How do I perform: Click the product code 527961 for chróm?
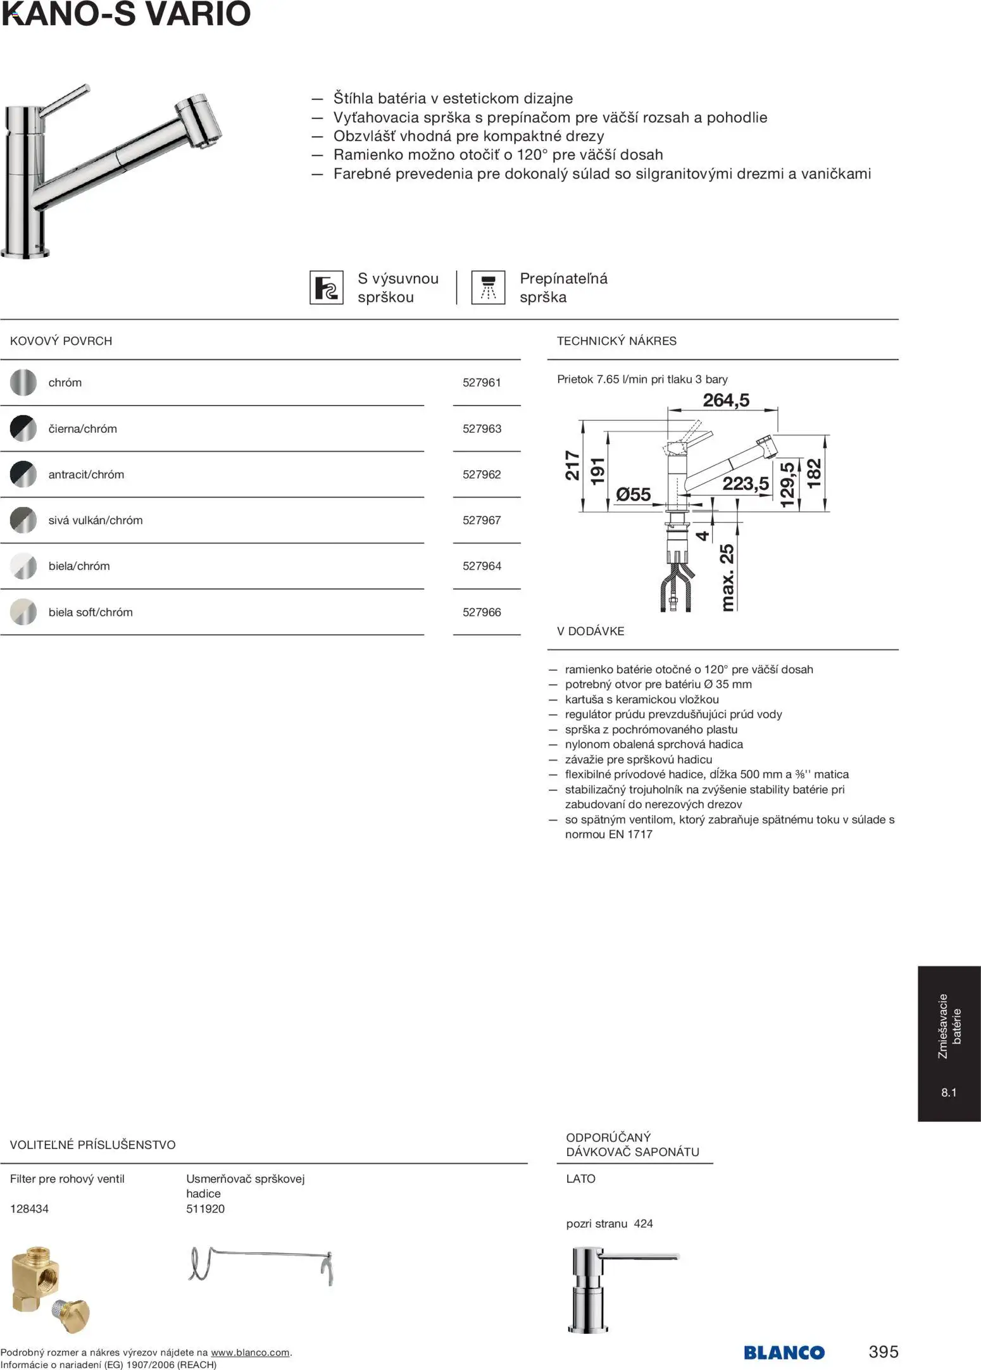point(482,382)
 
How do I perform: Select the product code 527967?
point(482,520)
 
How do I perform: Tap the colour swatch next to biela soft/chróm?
point(23,612)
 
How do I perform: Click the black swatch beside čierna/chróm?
point(23,428)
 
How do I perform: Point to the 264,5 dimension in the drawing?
point(726,400)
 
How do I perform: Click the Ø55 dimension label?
point(633,494)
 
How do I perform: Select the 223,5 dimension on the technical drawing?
point(746,483)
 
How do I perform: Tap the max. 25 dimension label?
point(727,577)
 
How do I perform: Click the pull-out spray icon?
point(327,287)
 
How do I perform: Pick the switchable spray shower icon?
point(488,287)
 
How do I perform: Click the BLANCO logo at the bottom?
point(784,1352)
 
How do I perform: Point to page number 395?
point(884,1351)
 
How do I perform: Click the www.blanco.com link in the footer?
point(250,1352)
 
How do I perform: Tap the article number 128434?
point(29,1209)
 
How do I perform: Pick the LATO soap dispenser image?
point(601,1288)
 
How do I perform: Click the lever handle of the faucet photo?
point(66,98)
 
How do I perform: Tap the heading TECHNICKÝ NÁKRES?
point(616,341)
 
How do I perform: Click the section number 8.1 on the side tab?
point(949,1092)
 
